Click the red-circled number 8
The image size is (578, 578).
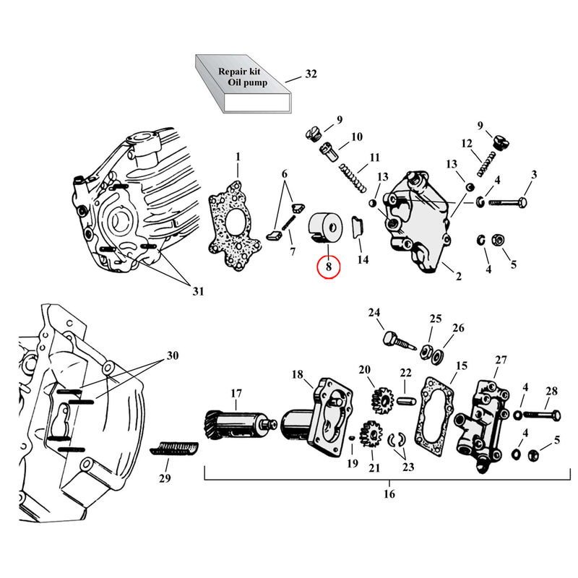tap(328, 267)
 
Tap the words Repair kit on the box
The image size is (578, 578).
tap(241, 72)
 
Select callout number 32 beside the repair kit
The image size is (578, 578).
tap(311, 75)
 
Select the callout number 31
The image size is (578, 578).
tap(197, 291)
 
